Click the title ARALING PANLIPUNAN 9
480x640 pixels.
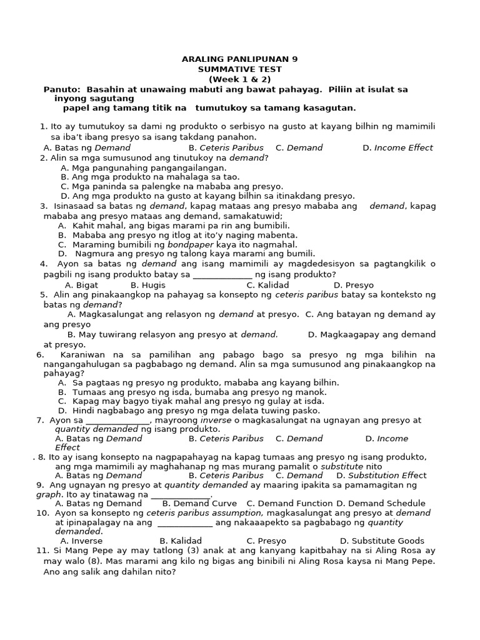pos(239,59)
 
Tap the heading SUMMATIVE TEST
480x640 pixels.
pos(239,69)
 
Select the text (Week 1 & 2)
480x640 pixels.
pos(239,79)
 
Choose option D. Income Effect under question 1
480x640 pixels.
pos(397,148)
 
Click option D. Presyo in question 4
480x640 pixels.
pos(354,285)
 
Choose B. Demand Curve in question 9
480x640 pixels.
pos(199,503)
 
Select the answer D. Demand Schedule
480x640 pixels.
pos(381,503)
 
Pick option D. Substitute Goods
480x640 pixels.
pos(382,541)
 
